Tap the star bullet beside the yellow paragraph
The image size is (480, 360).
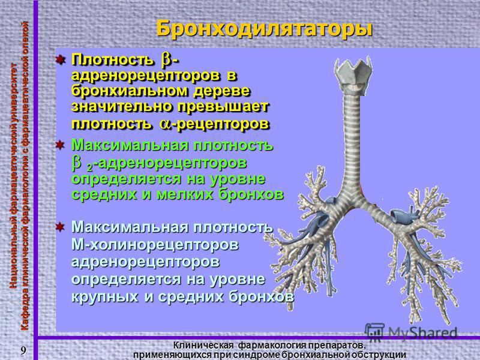pos(61,59)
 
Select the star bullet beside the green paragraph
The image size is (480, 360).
pos(61,145)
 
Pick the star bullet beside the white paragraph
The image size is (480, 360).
pos(61,227)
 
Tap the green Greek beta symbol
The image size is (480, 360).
pos(77,163)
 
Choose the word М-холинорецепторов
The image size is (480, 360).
pos(155,245)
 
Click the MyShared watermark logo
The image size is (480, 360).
pos(411,332)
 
